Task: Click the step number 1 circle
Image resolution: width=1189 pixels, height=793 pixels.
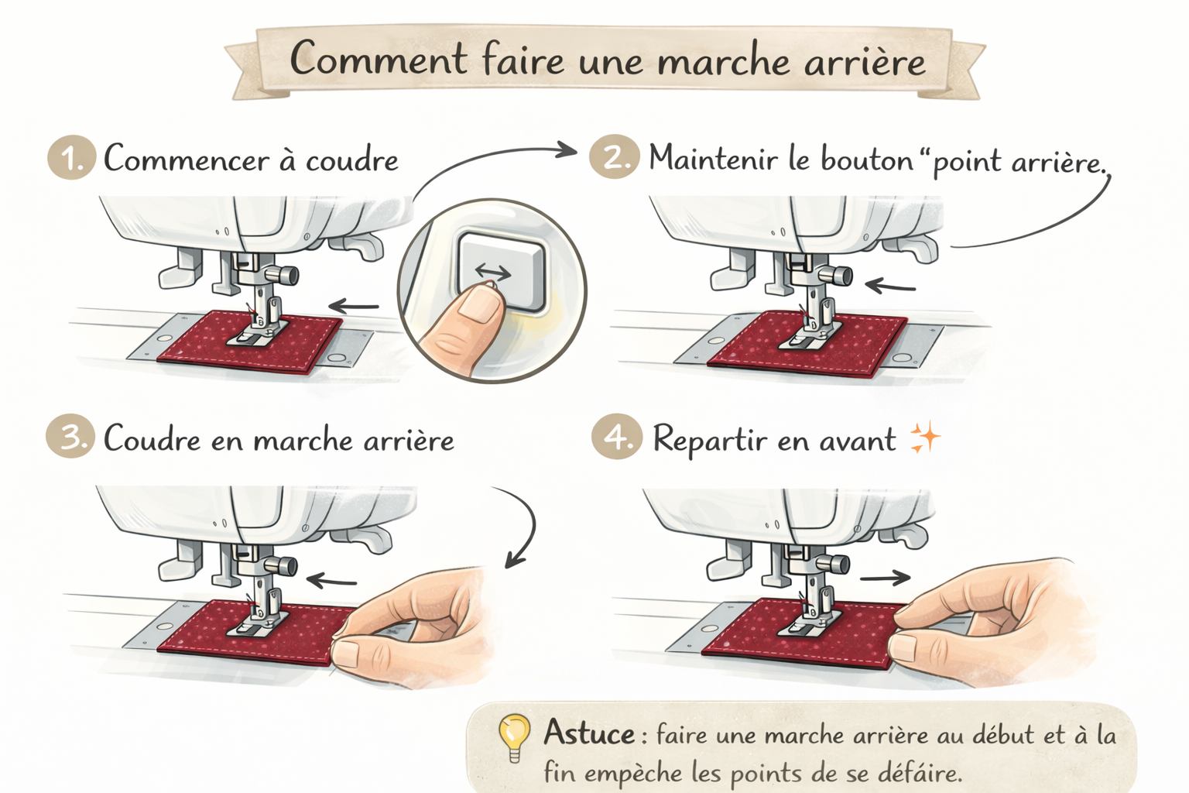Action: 72,158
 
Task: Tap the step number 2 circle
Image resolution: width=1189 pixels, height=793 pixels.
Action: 613,156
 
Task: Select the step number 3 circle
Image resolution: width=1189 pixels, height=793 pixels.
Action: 70,436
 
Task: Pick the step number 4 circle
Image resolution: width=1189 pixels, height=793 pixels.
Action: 616,436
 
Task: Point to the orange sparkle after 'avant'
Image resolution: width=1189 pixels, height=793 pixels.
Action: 924,438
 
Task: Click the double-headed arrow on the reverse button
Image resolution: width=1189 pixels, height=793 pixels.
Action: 493,273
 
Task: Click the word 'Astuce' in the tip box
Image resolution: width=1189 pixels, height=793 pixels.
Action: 588,733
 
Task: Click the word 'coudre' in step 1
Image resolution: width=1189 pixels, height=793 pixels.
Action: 351,160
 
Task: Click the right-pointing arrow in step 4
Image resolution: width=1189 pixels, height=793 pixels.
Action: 885,578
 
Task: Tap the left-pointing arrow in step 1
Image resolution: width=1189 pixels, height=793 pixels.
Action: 354,306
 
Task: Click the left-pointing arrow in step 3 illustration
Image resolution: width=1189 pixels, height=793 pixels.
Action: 332,581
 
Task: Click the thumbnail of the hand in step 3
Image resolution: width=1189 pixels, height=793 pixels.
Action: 347,651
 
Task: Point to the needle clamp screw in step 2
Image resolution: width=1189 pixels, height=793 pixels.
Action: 838,276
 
